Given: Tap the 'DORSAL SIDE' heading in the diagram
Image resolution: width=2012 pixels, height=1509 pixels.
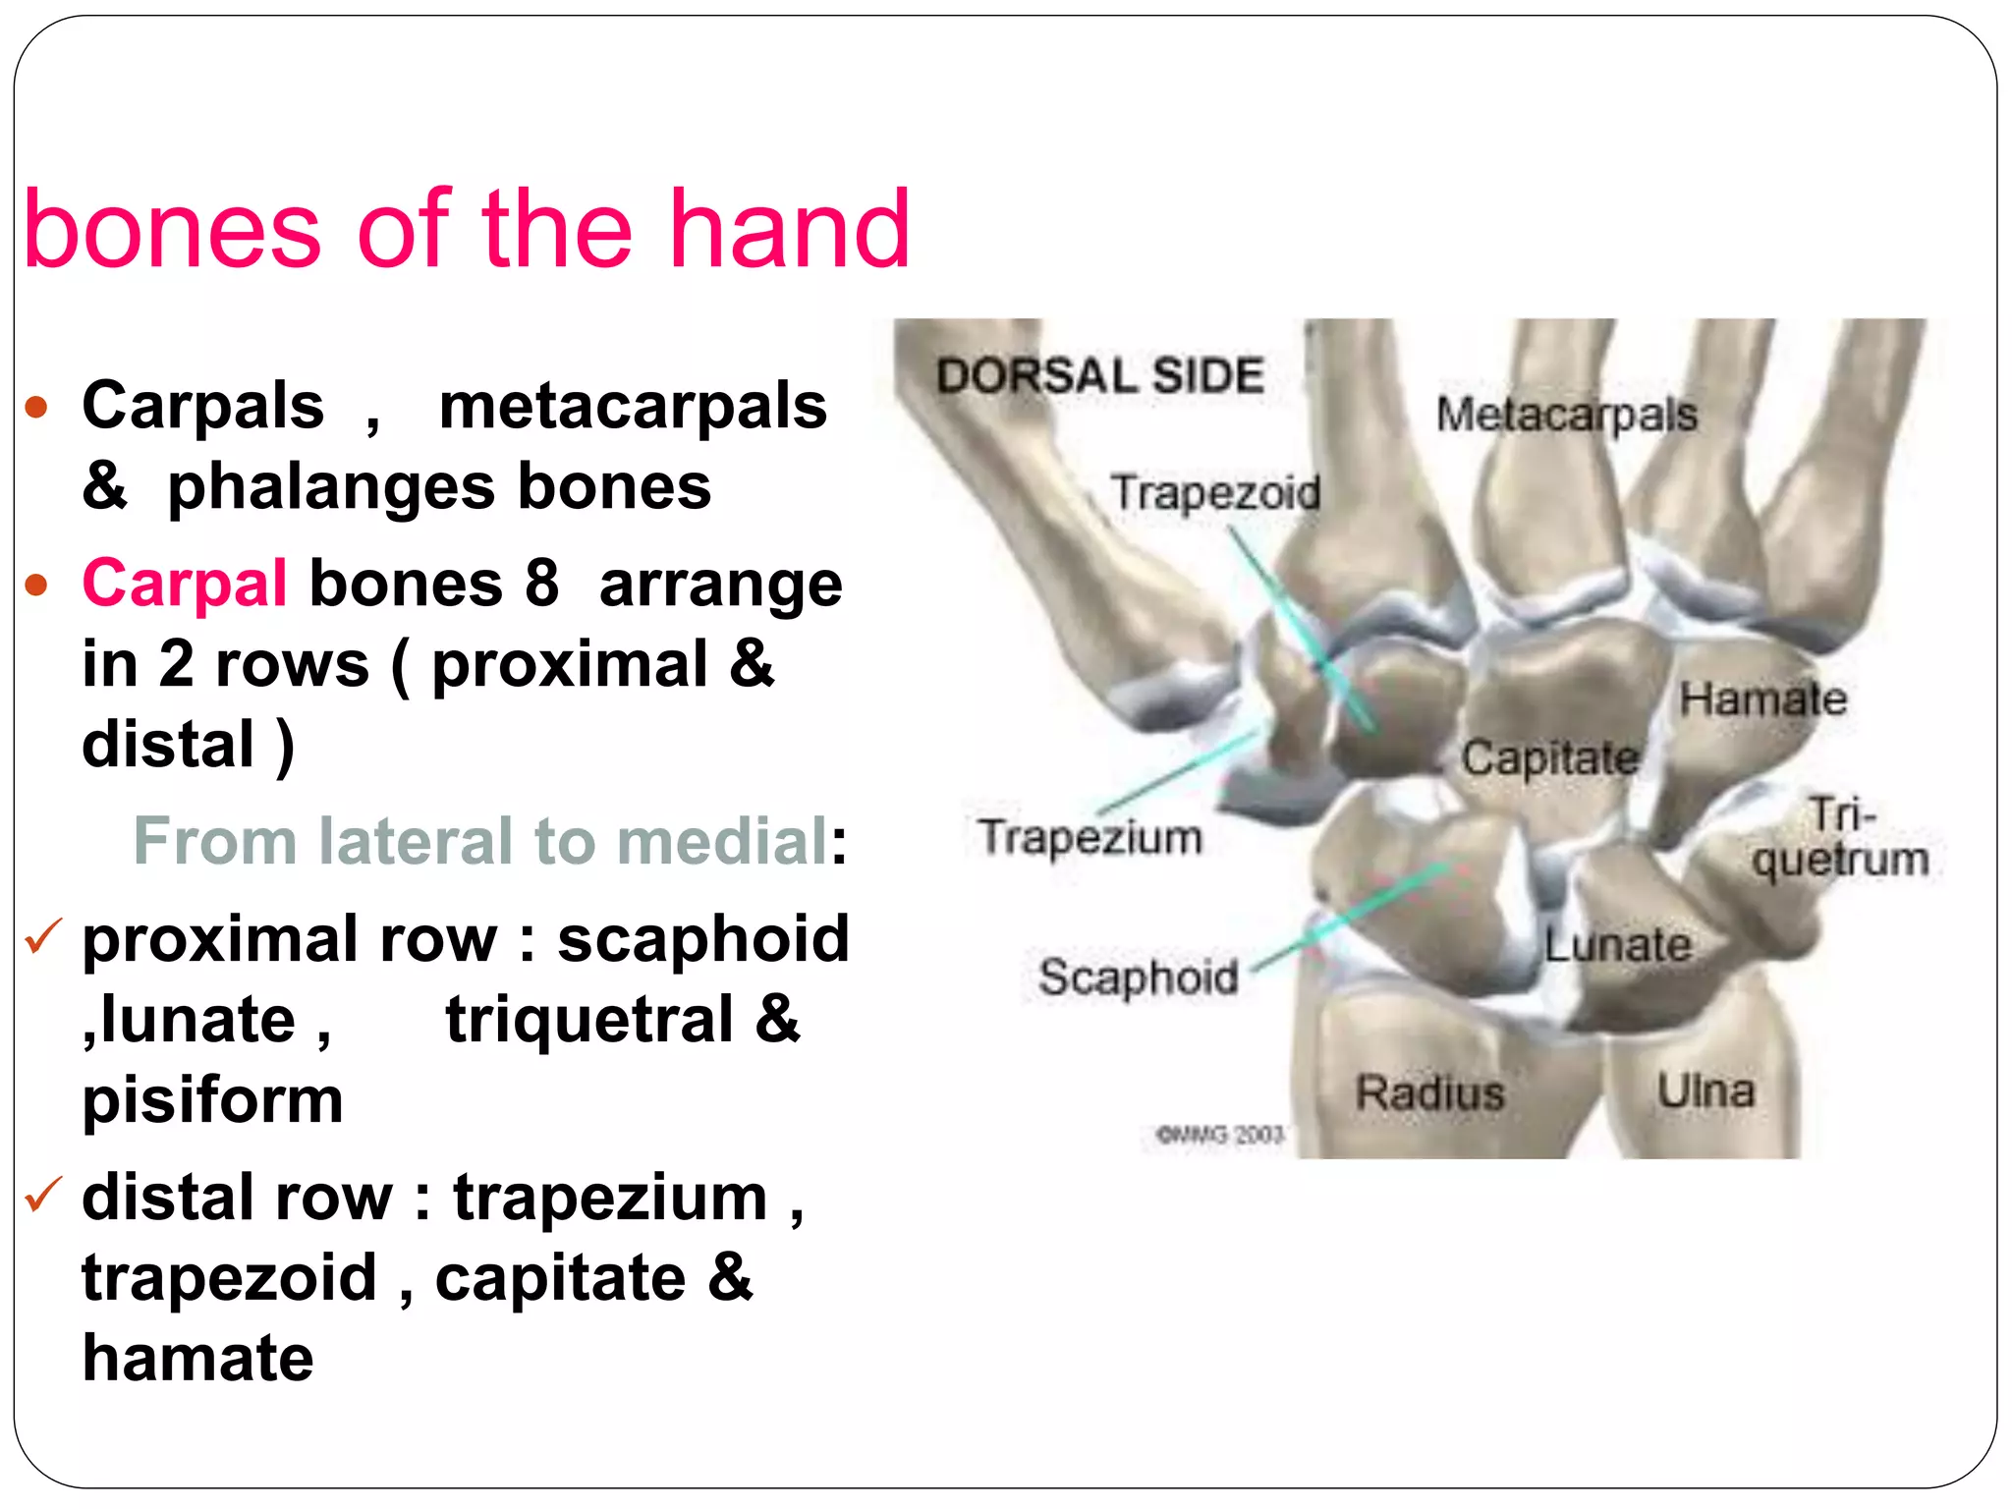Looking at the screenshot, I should [x=1099, y=376].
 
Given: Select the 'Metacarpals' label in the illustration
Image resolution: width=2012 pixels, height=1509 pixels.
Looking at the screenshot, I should [x=1566, y=414].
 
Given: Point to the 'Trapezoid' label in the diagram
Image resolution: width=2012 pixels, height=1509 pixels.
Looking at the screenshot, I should [x=1215, y=492].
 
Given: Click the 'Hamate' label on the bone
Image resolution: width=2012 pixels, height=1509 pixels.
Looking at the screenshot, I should [x=1762, y=699].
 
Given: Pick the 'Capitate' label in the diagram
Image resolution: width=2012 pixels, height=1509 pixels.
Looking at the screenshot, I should [x=1549, y=757].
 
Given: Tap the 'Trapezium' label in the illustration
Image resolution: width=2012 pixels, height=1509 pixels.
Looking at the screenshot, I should [x=1090, y=838].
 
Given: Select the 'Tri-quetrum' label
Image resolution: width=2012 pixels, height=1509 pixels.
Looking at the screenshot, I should [x=1840, y=838].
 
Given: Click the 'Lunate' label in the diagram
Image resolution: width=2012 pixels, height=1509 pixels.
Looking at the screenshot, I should [x=1618, y=945].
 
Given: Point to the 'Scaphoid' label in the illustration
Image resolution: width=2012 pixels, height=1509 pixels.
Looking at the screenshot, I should [x=1138, y=978].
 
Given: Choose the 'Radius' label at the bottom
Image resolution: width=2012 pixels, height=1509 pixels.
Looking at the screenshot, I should [x=1429, y=1092].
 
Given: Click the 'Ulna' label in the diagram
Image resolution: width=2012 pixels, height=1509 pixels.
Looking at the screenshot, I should [x=1705, y=1090].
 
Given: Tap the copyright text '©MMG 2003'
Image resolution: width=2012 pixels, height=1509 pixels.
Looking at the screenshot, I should [x=1220, y=1135].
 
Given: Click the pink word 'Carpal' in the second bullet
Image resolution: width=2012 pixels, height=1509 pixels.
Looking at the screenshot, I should [x=185, y=583].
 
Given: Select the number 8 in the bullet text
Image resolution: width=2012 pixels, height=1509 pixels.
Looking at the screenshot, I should [x=541, y=583].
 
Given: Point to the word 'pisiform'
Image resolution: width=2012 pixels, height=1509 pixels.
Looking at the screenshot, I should [x=212, y=1100].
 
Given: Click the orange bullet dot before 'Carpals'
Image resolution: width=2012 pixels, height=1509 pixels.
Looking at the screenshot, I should [x=37, y=407].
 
